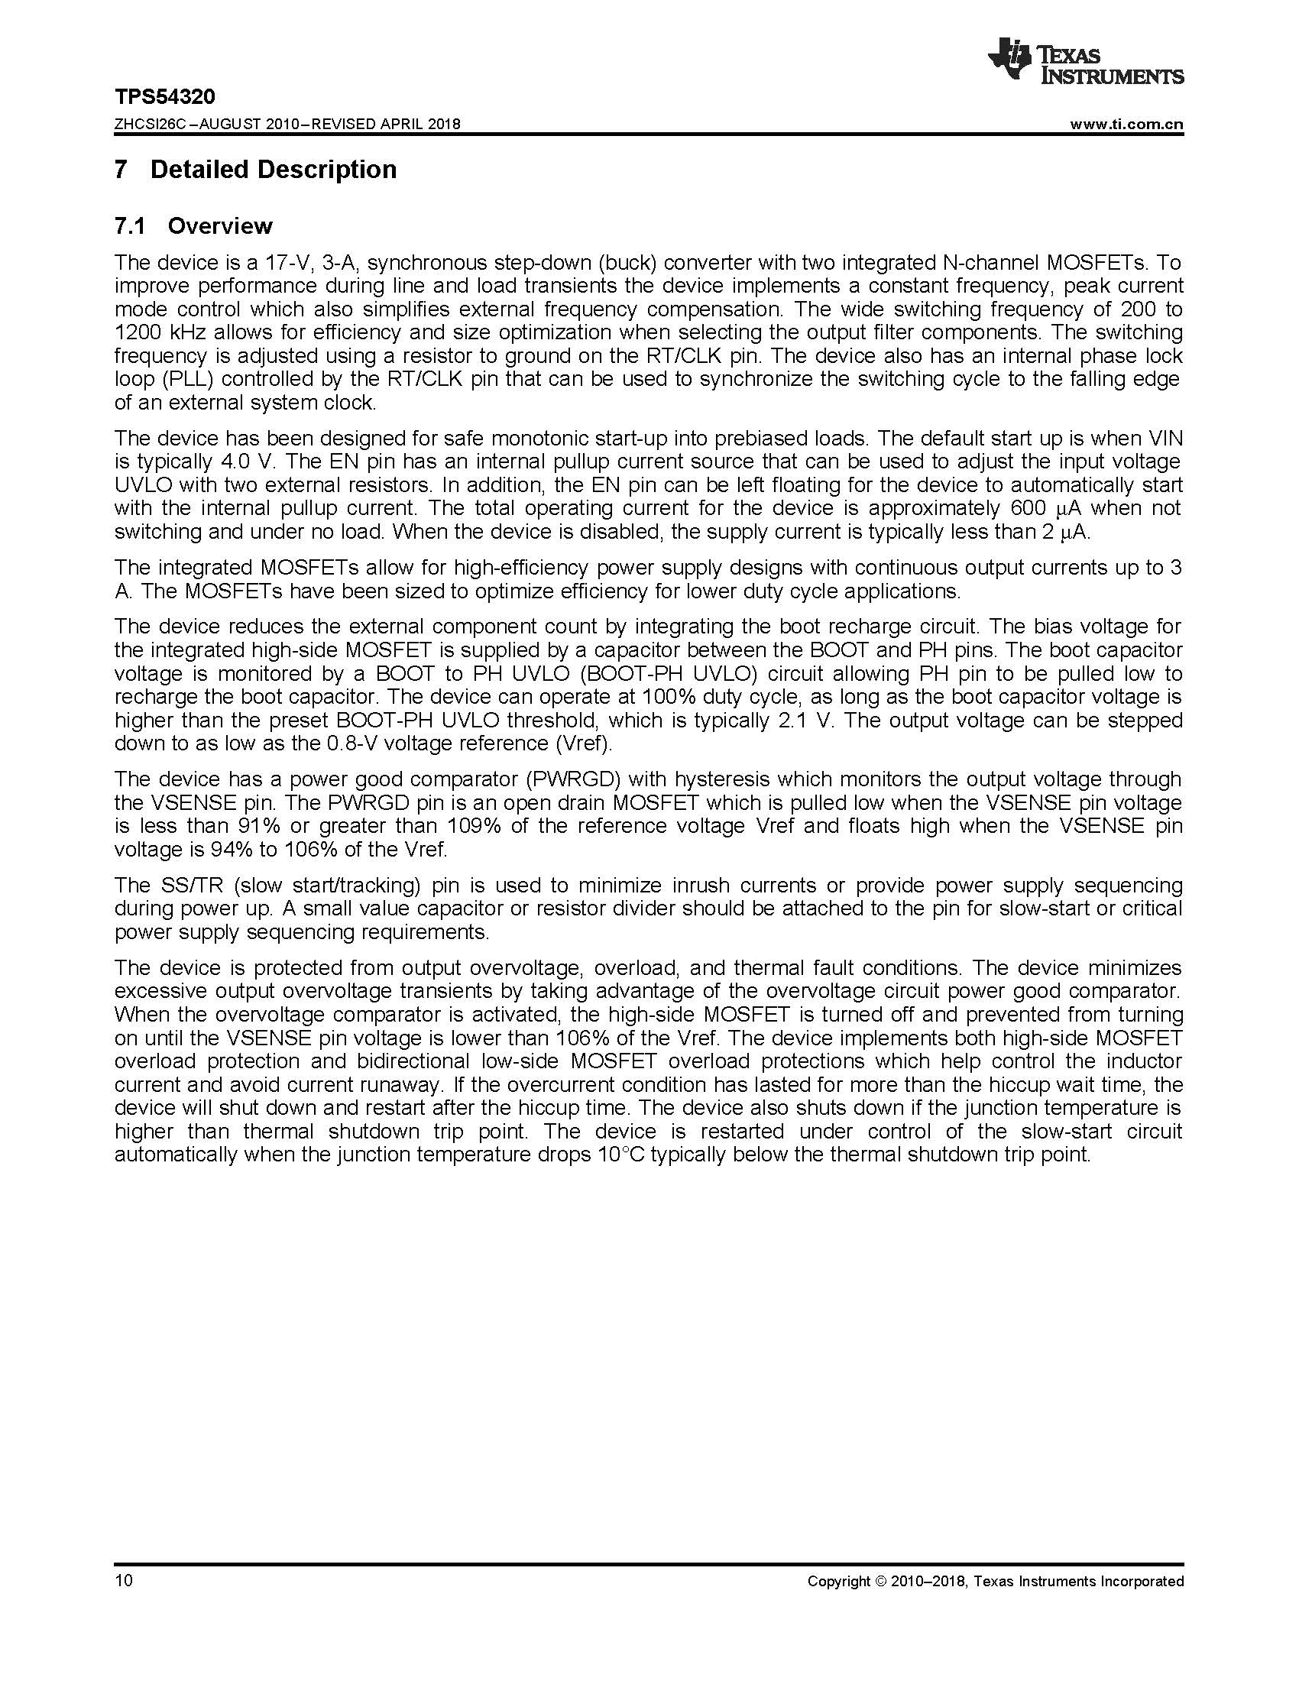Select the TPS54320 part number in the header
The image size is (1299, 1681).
click(x=165, y=97)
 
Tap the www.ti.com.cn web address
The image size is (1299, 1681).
click(x=1126, y=125)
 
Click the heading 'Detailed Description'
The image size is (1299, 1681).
click(x=274, y=170)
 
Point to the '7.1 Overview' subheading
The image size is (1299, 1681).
click(x=193, y=226)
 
